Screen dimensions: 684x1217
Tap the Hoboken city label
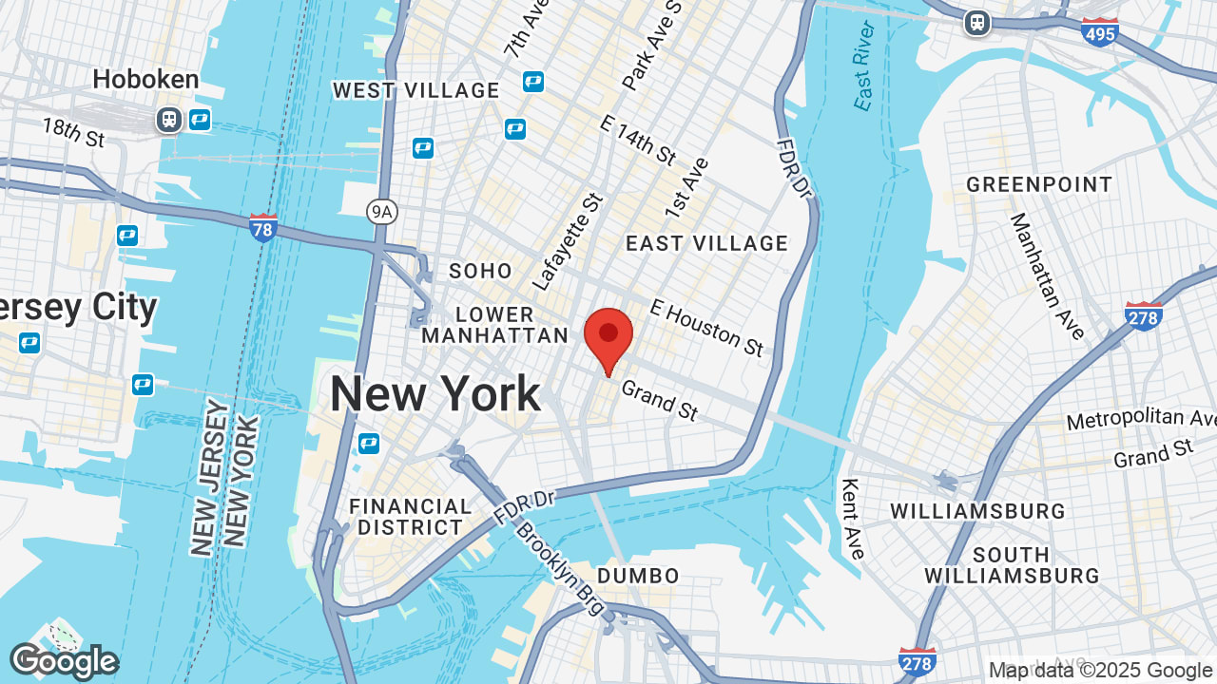click(x=145, y=79)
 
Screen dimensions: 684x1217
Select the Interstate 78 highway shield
click(x=263, y=228)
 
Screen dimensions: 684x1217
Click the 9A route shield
click(x=381, y=211)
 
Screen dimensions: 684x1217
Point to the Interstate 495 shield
click(x=1100, y=32)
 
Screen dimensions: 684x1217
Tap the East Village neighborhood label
click(x=706, y=243)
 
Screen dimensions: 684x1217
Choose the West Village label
click(x=415, y=90)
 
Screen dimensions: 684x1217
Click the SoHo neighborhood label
click(x=480, y=271)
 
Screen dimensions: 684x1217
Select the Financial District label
click(x=411, y=517)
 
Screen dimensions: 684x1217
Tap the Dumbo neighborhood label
click(x=638, y=576)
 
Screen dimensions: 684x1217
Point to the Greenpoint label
click(x=1039, y=184)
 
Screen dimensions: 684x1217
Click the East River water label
click(x=862, y=78)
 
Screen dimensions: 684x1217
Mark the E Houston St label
click(x=707, y=328)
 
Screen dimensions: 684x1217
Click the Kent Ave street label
click(x=853, y=518)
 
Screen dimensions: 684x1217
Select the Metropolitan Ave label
click(x=1141, y=419)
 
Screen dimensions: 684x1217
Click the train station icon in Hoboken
click(x=169, y=120)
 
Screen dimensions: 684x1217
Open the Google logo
click(x=64, y=661)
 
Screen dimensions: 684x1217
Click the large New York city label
click(x=435, y=394)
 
